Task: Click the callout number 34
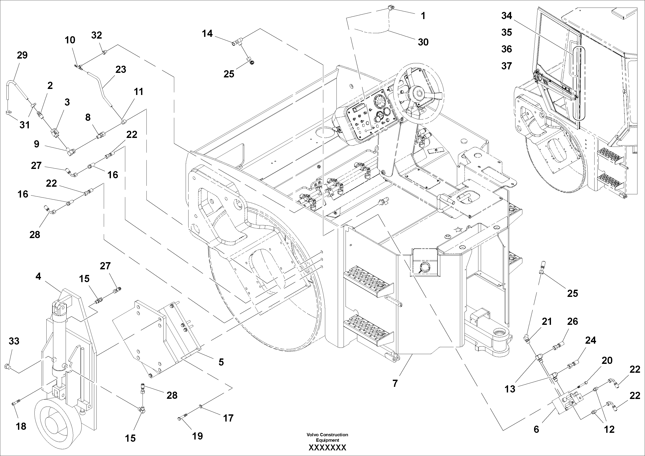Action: click(x=507, y=16)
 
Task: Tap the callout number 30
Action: click(x=423, y=42)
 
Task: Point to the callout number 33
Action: click(x=14, y=341)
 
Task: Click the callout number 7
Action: click(x=395, y=383)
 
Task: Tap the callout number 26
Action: click(x=572, y=321)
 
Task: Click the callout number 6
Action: click(x=536, y=429)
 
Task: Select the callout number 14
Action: click(x=207, y=34)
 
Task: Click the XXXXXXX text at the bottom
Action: click(x=327, y=448)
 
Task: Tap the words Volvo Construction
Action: click(x=327, y=435)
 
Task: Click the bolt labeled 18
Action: click(x=14, y=404)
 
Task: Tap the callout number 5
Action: click(x=221, y=362)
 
